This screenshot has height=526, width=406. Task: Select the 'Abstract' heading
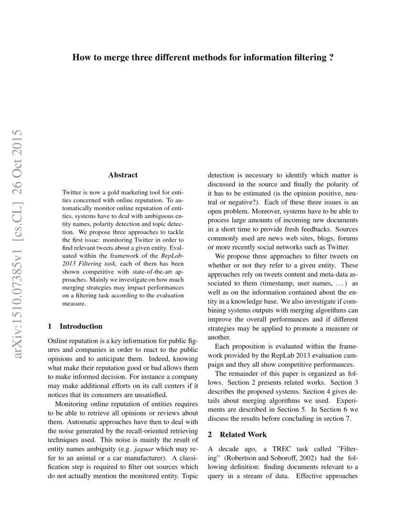[123, 175]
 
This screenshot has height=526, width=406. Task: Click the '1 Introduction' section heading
[75, 327]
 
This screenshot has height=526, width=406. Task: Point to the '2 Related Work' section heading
[237, 435]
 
